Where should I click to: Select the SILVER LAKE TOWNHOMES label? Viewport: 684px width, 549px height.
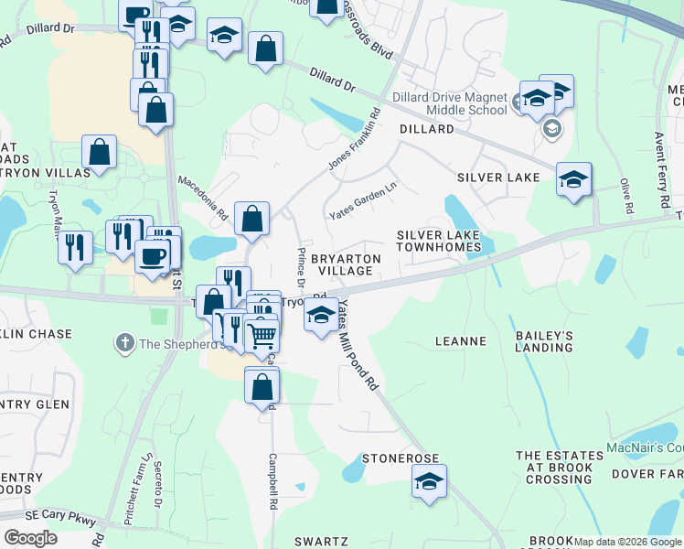pos(439,242)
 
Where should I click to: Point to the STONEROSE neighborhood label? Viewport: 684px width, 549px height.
pos(401,457)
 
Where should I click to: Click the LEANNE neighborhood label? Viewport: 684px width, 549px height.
pos(461,341)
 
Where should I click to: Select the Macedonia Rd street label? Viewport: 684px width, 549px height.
pos(203,199)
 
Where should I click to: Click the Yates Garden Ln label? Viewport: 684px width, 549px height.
pos(363,199)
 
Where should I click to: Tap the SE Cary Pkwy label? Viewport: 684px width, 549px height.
pos(61,520)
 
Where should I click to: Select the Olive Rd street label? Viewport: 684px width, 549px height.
pos(627,196)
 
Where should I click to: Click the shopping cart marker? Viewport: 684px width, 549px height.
pos(262,336)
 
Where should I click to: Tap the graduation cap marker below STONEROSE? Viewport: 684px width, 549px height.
pos(427,480)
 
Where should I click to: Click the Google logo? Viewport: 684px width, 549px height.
pos(30,537)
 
